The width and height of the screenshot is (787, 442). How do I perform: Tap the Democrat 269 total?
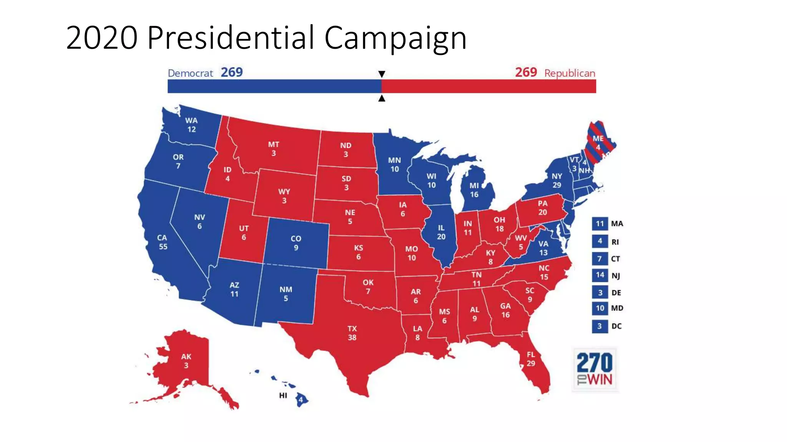click(232, 72)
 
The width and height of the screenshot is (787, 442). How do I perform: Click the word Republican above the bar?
click(569, 73)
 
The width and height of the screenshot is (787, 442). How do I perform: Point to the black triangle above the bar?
click(382, 74)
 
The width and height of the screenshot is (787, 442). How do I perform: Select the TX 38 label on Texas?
click(352, 333)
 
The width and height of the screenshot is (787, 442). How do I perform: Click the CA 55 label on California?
click(163, 242)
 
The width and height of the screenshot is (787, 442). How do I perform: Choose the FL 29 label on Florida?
click(531, 359)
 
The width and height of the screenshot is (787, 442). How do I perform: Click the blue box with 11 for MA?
click(600, 224)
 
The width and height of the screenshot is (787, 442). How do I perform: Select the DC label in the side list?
click(616, 326)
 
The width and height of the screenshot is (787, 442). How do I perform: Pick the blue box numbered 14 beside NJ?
click(600, 275)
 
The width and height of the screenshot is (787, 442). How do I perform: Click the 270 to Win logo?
click(594, 369)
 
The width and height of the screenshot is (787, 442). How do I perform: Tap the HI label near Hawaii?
click(283, 395)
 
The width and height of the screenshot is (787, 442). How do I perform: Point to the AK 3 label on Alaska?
click(186, 361)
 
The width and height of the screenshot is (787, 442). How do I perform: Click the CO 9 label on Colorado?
click(296, 243)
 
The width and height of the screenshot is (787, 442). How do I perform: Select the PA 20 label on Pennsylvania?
click(543, 208)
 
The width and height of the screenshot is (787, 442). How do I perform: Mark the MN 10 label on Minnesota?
click(395, 165)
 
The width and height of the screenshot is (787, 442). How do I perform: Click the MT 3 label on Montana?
click(274, 149)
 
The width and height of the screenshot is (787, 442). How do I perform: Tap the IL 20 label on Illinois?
click(441, 232)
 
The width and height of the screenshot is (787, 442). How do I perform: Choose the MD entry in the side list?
click(617, 308)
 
